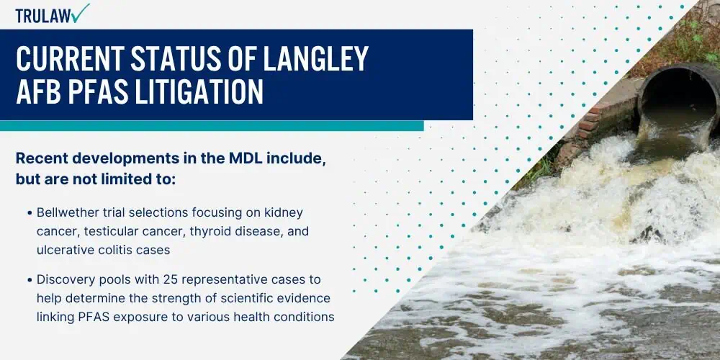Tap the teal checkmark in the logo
tap(81, 12)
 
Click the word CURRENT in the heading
tap(69, 58)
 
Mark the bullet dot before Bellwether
tap(30, 214)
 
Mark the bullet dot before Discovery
tap(30, 279)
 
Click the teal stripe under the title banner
tap(212, 126)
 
